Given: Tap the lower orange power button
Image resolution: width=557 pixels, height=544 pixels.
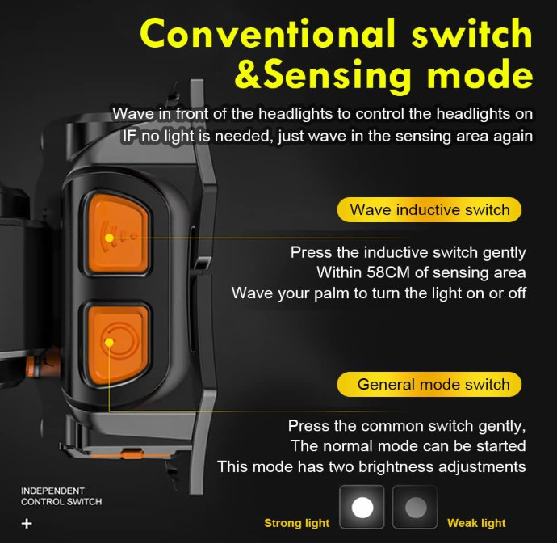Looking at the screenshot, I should tap(118, 343).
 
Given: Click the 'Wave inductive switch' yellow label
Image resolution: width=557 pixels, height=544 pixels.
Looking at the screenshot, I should tap(429, 210).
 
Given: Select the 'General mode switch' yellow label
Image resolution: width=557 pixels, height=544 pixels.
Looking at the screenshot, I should tap(429, 384).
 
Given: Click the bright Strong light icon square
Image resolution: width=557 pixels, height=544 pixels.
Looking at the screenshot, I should tap(362, 508).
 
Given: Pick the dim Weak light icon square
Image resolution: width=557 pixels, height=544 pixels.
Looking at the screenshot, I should tap(415, 508).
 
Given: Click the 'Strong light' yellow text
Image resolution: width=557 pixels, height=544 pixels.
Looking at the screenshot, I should tap(296, 523).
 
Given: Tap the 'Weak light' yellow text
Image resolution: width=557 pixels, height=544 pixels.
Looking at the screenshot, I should tap(476, 523).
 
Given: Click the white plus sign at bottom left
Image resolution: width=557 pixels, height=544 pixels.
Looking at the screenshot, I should tap(27, 523).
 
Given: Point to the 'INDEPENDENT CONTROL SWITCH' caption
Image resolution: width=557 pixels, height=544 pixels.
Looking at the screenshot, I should tap(61, 496).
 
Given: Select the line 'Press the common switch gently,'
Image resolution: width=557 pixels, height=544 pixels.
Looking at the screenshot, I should tap(407, 425).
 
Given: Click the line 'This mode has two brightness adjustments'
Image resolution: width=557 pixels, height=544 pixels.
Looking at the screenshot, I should tap(371, 466).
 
